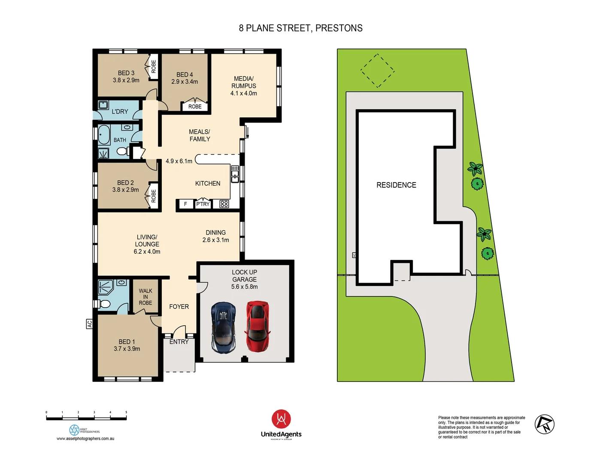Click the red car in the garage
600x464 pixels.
258,327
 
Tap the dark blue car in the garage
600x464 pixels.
224,328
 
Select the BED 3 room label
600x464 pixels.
126,73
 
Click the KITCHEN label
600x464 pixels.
208,183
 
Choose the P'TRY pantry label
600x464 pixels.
203,204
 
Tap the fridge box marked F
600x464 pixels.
185,204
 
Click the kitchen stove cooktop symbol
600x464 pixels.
224,204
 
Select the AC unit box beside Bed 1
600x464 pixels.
89,324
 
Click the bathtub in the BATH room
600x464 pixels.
104,134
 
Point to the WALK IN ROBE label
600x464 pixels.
145,297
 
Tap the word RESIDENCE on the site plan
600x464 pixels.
396,185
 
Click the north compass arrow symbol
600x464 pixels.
544,424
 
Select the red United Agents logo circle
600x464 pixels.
281,419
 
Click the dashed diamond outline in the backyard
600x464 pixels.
377,70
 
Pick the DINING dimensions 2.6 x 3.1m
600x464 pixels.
215,240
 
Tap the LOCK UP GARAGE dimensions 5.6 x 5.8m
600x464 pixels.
245,287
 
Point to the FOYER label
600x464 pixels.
179,307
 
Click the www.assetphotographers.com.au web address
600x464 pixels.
85,439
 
